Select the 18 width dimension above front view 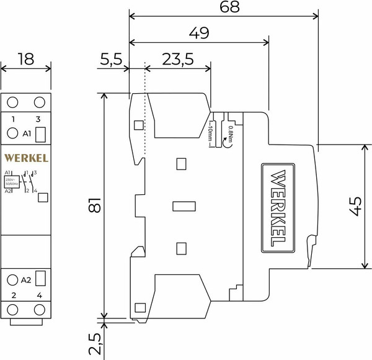[25, 60]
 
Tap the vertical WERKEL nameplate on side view [279, 208]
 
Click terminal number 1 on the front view [12, 119]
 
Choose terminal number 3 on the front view [38, 119]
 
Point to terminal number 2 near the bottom [12, 296]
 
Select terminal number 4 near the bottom [38, 296]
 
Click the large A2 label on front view [26, 279]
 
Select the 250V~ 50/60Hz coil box [11, 181]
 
